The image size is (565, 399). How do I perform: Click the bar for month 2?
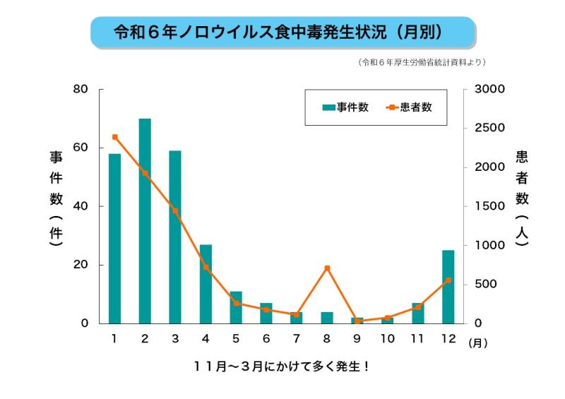click(x=145, y=220)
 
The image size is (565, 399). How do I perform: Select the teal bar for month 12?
click(x=448, y=286)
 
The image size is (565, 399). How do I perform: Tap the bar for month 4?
click(x=206, y=283)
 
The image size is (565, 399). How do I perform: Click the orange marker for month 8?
click(x=327, y=268)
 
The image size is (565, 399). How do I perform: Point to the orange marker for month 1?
click(x=114, y=137)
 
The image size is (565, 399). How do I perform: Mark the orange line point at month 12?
click(x=448, y=280)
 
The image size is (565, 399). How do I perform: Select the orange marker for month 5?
click(x=236, y=304)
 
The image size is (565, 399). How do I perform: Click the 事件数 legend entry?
click(x=345, y=107)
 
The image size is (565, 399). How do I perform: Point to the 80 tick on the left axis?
click(x=81, y=89)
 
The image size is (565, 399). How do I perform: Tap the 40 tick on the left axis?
click(x=81, y=206)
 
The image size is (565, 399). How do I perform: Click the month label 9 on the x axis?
click(x=357, y=338)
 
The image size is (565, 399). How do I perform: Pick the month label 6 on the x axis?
click(x=266, y=338)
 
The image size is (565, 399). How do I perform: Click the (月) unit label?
click(x=477, y=343)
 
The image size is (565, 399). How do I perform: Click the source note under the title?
click(x=422, y=62)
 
